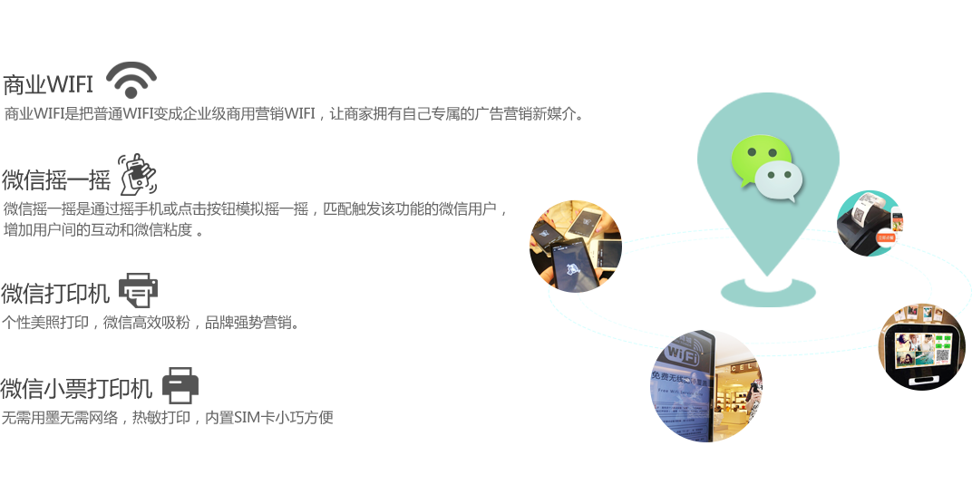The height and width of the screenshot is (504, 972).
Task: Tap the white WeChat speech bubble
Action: tap(779, 181)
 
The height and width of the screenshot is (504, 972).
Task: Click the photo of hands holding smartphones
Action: tap(575, 246)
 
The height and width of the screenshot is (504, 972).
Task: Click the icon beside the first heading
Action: tap(131, 82)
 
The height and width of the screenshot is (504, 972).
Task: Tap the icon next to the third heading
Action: tap(139, 288)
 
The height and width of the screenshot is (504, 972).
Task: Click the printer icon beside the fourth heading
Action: tap(180, 385)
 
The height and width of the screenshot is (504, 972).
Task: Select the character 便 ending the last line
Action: tap(326, 418)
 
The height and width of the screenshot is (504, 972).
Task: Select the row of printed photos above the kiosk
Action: tap(921, 314)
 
